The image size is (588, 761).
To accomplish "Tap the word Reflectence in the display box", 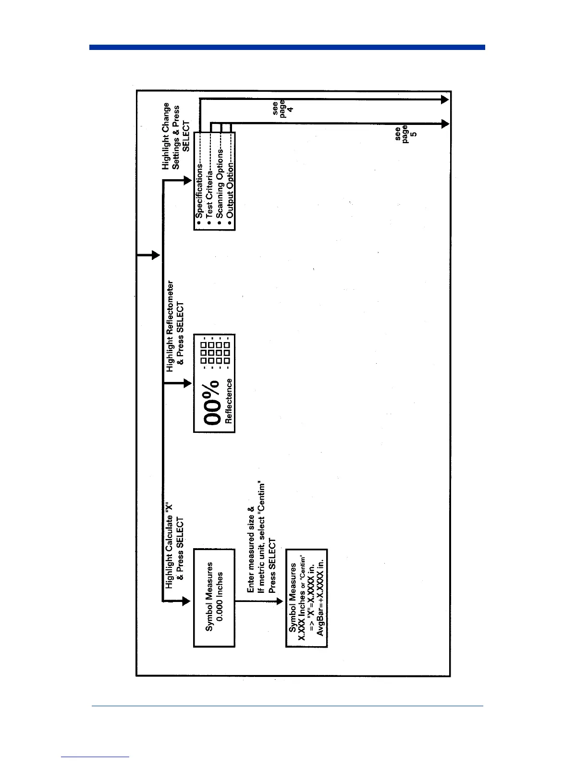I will pyautogui.click(x=229, y=401).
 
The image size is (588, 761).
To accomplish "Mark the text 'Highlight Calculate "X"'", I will pyautogui.click(x=169, y=546).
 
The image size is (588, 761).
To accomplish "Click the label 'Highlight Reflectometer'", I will pyautogui.click(x=170, y=326).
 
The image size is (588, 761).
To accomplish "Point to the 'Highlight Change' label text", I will pyautogui.click(x=166, y=135).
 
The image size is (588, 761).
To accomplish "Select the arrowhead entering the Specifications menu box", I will pyautogui.click(x=187, y=180).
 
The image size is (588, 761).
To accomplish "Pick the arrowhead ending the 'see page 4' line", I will pyautogui.click(x=445, y=99).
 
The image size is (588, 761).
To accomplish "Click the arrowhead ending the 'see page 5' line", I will pyautogui.click(x=445, y=124).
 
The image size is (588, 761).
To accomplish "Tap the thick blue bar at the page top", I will pyautogui.click(x=287, y=47).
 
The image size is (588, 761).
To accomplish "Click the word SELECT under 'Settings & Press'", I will pyautogui.click(x=186, y=135).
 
